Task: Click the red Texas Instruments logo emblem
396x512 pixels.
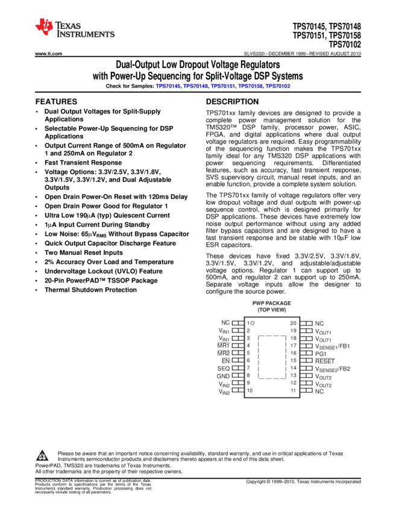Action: click(x=44, y=27)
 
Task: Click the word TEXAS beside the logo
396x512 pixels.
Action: click(x=68, y=27)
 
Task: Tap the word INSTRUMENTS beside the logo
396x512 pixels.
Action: click(x=86, y=35)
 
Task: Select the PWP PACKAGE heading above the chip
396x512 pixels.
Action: click(x=272, y=303)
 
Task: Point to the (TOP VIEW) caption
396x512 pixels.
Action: click(x=272, y=310)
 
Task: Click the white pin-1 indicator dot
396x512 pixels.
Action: click(x=252, y=323)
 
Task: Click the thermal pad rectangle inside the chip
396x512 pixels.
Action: click(x=272, y=357)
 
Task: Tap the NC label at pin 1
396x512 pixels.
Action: click(x=225, y=323)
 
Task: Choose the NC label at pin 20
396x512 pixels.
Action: click(x=319, y=323)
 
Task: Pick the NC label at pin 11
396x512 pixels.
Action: click(x=319, y=391)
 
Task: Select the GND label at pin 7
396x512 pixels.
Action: click(x=223, y=368)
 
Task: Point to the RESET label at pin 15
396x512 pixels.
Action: click(x=324, y=360)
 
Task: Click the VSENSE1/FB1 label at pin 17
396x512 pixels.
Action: click(x=332, y=346)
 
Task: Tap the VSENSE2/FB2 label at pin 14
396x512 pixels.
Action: click(x=332, y=369)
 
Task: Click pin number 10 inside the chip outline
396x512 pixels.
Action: click(x=250, y=390)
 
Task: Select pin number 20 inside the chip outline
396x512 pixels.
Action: click(x=294, y=323)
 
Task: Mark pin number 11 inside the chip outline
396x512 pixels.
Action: click(x=294, y=390)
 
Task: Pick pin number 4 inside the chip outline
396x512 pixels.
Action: click(x=248, y=346)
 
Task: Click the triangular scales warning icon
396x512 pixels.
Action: click(x=42, y=456)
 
